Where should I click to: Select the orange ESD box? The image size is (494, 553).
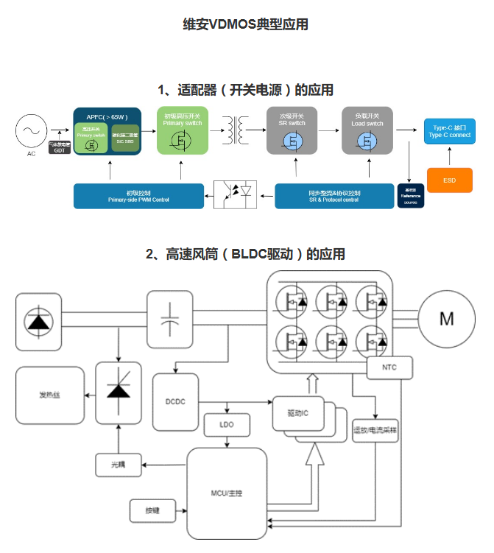point(449,180)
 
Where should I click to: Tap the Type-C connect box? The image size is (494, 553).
point(449,131)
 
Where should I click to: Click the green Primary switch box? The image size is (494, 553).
point(183,130)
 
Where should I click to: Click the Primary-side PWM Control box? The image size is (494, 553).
point(138,195)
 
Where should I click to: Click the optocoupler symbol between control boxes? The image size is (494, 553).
point(235,194)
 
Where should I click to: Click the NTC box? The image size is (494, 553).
point(389,366)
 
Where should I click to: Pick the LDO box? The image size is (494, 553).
point(227,425)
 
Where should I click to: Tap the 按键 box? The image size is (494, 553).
point(150,509)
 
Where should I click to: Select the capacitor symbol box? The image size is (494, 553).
point(170,315)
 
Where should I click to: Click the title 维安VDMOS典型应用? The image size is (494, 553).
point(245,24)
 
